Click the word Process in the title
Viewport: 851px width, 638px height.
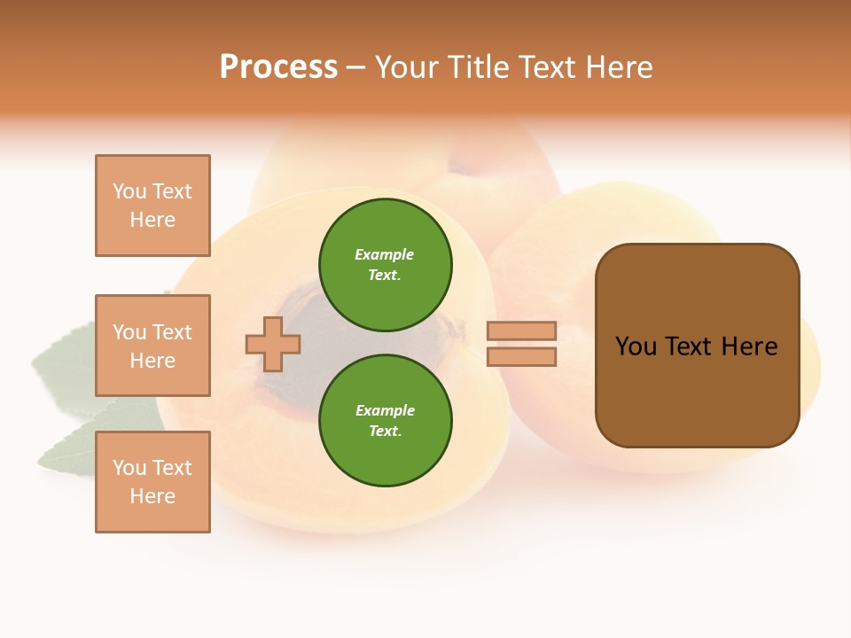(278, 67)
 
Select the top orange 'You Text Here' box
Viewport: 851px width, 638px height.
(152, 206)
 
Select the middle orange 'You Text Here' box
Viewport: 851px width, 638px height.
(152, 346)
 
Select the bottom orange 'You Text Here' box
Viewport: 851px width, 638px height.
(152, 482)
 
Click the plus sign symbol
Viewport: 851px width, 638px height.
(273, 344)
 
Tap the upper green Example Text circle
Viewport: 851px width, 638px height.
(386, 264)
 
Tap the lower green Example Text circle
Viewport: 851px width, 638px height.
(386, 420)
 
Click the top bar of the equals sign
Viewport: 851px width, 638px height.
(522, 331)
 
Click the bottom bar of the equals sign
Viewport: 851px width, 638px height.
(522, 357)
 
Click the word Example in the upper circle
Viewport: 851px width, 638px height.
(385, 254)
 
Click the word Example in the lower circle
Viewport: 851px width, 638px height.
(385, 410)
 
